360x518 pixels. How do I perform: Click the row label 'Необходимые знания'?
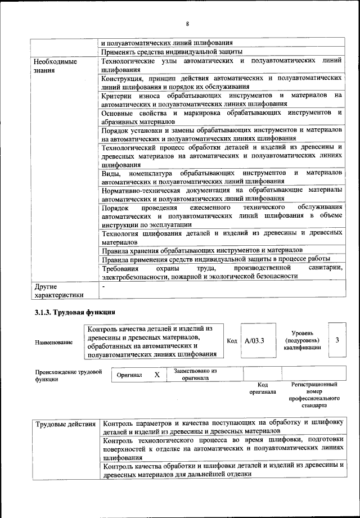55,66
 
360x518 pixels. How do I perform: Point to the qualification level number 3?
336,340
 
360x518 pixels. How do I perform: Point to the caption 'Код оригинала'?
262,388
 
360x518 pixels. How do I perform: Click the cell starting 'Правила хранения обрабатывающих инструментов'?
202,249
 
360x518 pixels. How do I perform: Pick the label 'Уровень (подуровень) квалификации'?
303,340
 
